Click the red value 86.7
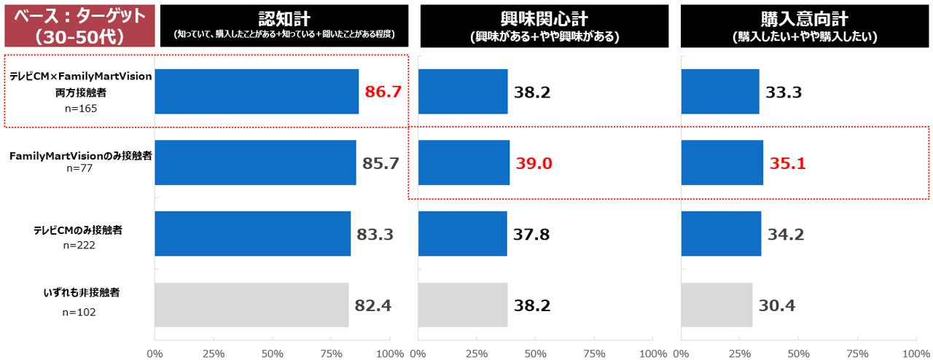click(x=383, y=92)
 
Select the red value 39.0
click(x=534, y=163)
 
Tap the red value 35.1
click(x=787, y=163)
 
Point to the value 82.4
click(x=373, y=305)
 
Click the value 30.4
click(x=777, y=305)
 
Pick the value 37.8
click(x=531, y=234)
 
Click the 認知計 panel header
click(x=284, y=26)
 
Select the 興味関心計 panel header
click(x=544, y=26)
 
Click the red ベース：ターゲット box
click(x=79, y=26)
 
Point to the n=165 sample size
click(x=80, y=108)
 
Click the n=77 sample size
click(x=80, y=168)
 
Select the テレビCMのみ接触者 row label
click(x=78, y=230)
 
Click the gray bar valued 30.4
click(x=717, y=305)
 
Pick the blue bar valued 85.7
click(x=255, y=163)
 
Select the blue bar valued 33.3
click(x=720, y=92)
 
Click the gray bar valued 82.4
click(x=251, y=305)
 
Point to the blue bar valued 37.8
click(x=463, y=234)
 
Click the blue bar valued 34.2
click(x=721, y=234)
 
